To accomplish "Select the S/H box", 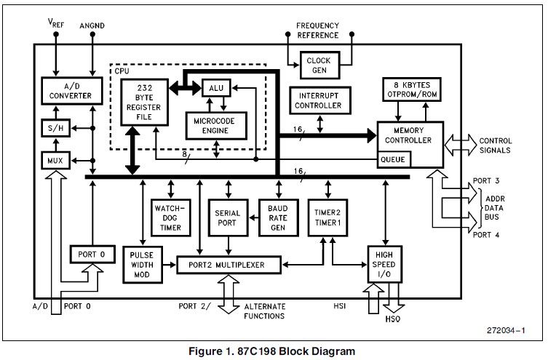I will [52, 129].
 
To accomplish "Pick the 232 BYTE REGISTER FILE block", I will [143, 98].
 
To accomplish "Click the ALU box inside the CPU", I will [216, 87].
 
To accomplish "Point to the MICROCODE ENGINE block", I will [216, 125].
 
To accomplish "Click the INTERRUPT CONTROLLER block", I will [319, 100].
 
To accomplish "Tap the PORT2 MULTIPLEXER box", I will [231, 264].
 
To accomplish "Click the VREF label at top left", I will [56, 23].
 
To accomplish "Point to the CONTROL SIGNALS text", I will [495, 145].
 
